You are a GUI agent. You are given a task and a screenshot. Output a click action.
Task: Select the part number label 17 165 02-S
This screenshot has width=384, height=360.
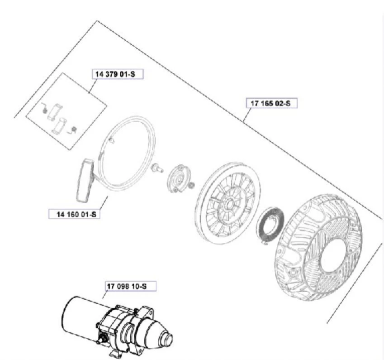pos(271,103)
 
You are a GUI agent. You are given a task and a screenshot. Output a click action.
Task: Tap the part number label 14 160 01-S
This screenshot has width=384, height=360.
pos(75,214)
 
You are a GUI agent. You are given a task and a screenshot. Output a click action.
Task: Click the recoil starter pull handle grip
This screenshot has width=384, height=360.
pos(85,181)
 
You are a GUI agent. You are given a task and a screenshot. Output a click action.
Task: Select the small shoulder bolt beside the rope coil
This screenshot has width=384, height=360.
pos(157,168)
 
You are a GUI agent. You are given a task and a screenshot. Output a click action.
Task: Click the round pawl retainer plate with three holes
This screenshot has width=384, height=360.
pos(179,178)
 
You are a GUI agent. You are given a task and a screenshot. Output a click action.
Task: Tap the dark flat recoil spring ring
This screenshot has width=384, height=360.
pos(270,226)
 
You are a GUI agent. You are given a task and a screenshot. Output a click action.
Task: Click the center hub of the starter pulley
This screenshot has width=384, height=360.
pos(231,203)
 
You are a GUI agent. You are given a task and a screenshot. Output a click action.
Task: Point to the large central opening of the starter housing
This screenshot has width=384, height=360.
pos(333,255)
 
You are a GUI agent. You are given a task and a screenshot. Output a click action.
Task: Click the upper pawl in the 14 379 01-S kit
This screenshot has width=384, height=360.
pos(55,112)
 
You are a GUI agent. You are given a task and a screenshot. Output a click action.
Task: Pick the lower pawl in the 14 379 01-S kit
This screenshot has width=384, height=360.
pos(59,125)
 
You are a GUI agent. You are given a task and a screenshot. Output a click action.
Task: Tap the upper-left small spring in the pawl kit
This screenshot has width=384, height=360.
pos(44,108)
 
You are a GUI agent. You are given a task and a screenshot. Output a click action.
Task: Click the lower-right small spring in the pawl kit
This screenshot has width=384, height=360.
pos(72,130)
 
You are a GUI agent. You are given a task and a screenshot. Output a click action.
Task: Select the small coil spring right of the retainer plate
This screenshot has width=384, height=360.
pos(192,184)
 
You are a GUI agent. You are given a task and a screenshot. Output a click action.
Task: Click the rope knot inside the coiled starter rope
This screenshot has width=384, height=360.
pos(111,140)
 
